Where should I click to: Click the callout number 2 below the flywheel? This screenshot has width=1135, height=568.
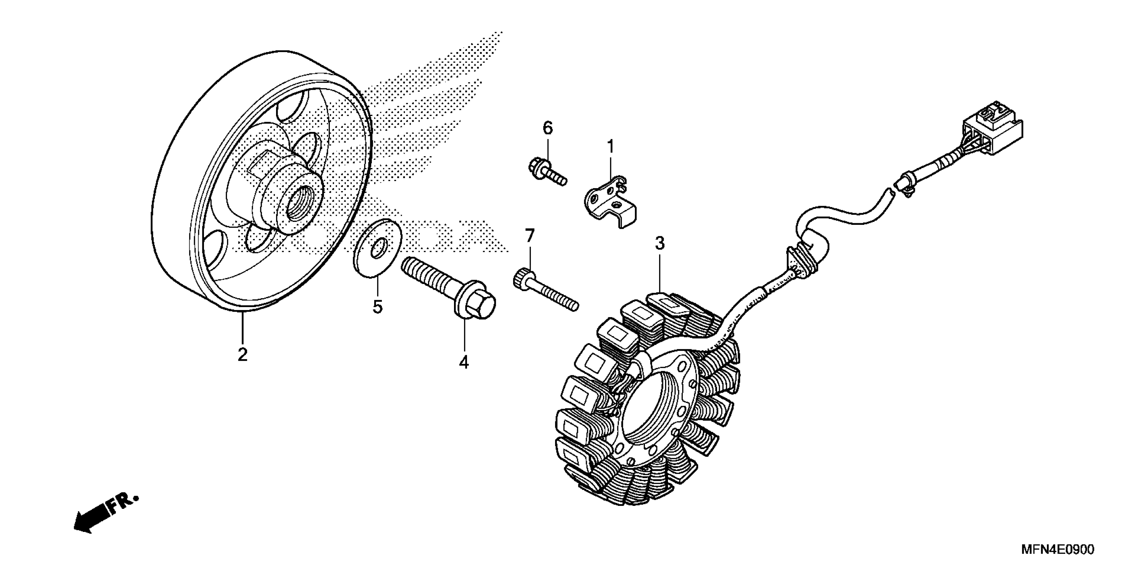(242, 354)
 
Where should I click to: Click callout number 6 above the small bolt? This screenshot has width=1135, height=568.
(547, 128)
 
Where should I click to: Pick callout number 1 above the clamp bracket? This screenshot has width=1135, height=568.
(610, 147)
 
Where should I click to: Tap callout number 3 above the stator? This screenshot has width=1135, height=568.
(659, 243)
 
